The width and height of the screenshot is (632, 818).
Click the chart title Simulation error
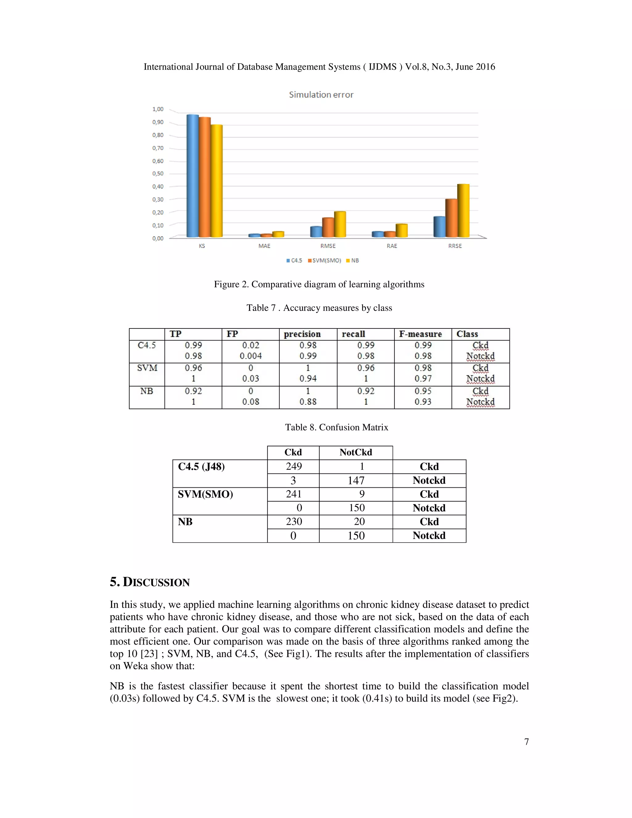coord(321,95)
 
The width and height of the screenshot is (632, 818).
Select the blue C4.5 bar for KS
coord(193,176)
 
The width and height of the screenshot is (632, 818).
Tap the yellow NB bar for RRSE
coord(463,211)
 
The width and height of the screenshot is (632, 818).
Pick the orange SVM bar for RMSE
coord(328,227)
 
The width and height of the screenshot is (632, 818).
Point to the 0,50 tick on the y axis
coord(158,174)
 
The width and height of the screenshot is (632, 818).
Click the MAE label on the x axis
coord(264,246)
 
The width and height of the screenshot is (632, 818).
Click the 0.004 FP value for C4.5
coord(251,356)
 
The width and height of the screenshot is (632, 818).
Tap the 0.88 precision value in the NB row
coord(308,402)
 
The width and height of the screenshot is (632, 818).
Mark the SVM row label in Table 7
coord(147,368)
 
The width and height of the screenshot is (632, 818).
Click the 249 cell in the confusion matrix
coord(293,466)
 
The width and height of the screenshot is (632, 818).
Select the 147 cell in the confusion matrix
coord(356,481)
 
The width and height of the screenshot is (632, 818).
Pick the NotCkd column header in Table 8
coord(356,453)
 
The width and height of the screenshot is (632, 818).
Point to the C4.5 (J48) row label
coord(202,467)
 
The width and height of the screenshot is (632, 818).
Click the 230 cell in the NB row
coord(293,522)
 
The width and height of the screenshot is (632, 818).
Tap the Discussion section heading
coord(150,582)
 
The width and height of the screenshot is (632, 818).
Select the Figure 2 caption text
coord(319,284)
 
